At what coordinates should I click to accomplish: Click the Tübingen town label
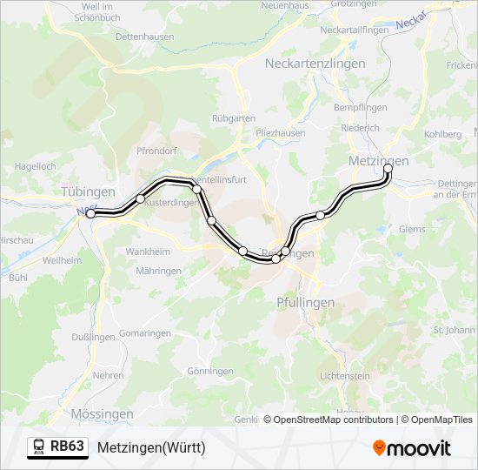pos(89,191)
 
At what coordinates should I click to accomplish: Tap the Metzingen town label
pos(378,161)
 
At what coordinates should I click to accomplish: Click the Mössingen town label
pos(102,413)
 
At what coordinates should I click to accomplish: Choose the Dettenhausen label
pos(144,37)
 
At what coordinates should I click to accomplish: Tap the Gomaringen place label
pos(144,333)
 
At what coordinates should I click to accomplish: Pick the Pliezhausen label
pos(281,132)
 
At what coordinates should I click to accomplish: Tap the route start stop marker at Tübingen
pos(90,213)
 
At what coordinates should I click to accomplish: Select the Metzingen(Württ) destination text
pos(151,447)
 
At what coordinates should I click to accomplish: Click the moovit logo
pos(412,447)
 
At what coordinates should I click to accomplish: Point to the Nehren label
pos(108,375)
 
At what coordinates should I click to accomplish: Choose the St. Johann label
pos(452,331)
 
